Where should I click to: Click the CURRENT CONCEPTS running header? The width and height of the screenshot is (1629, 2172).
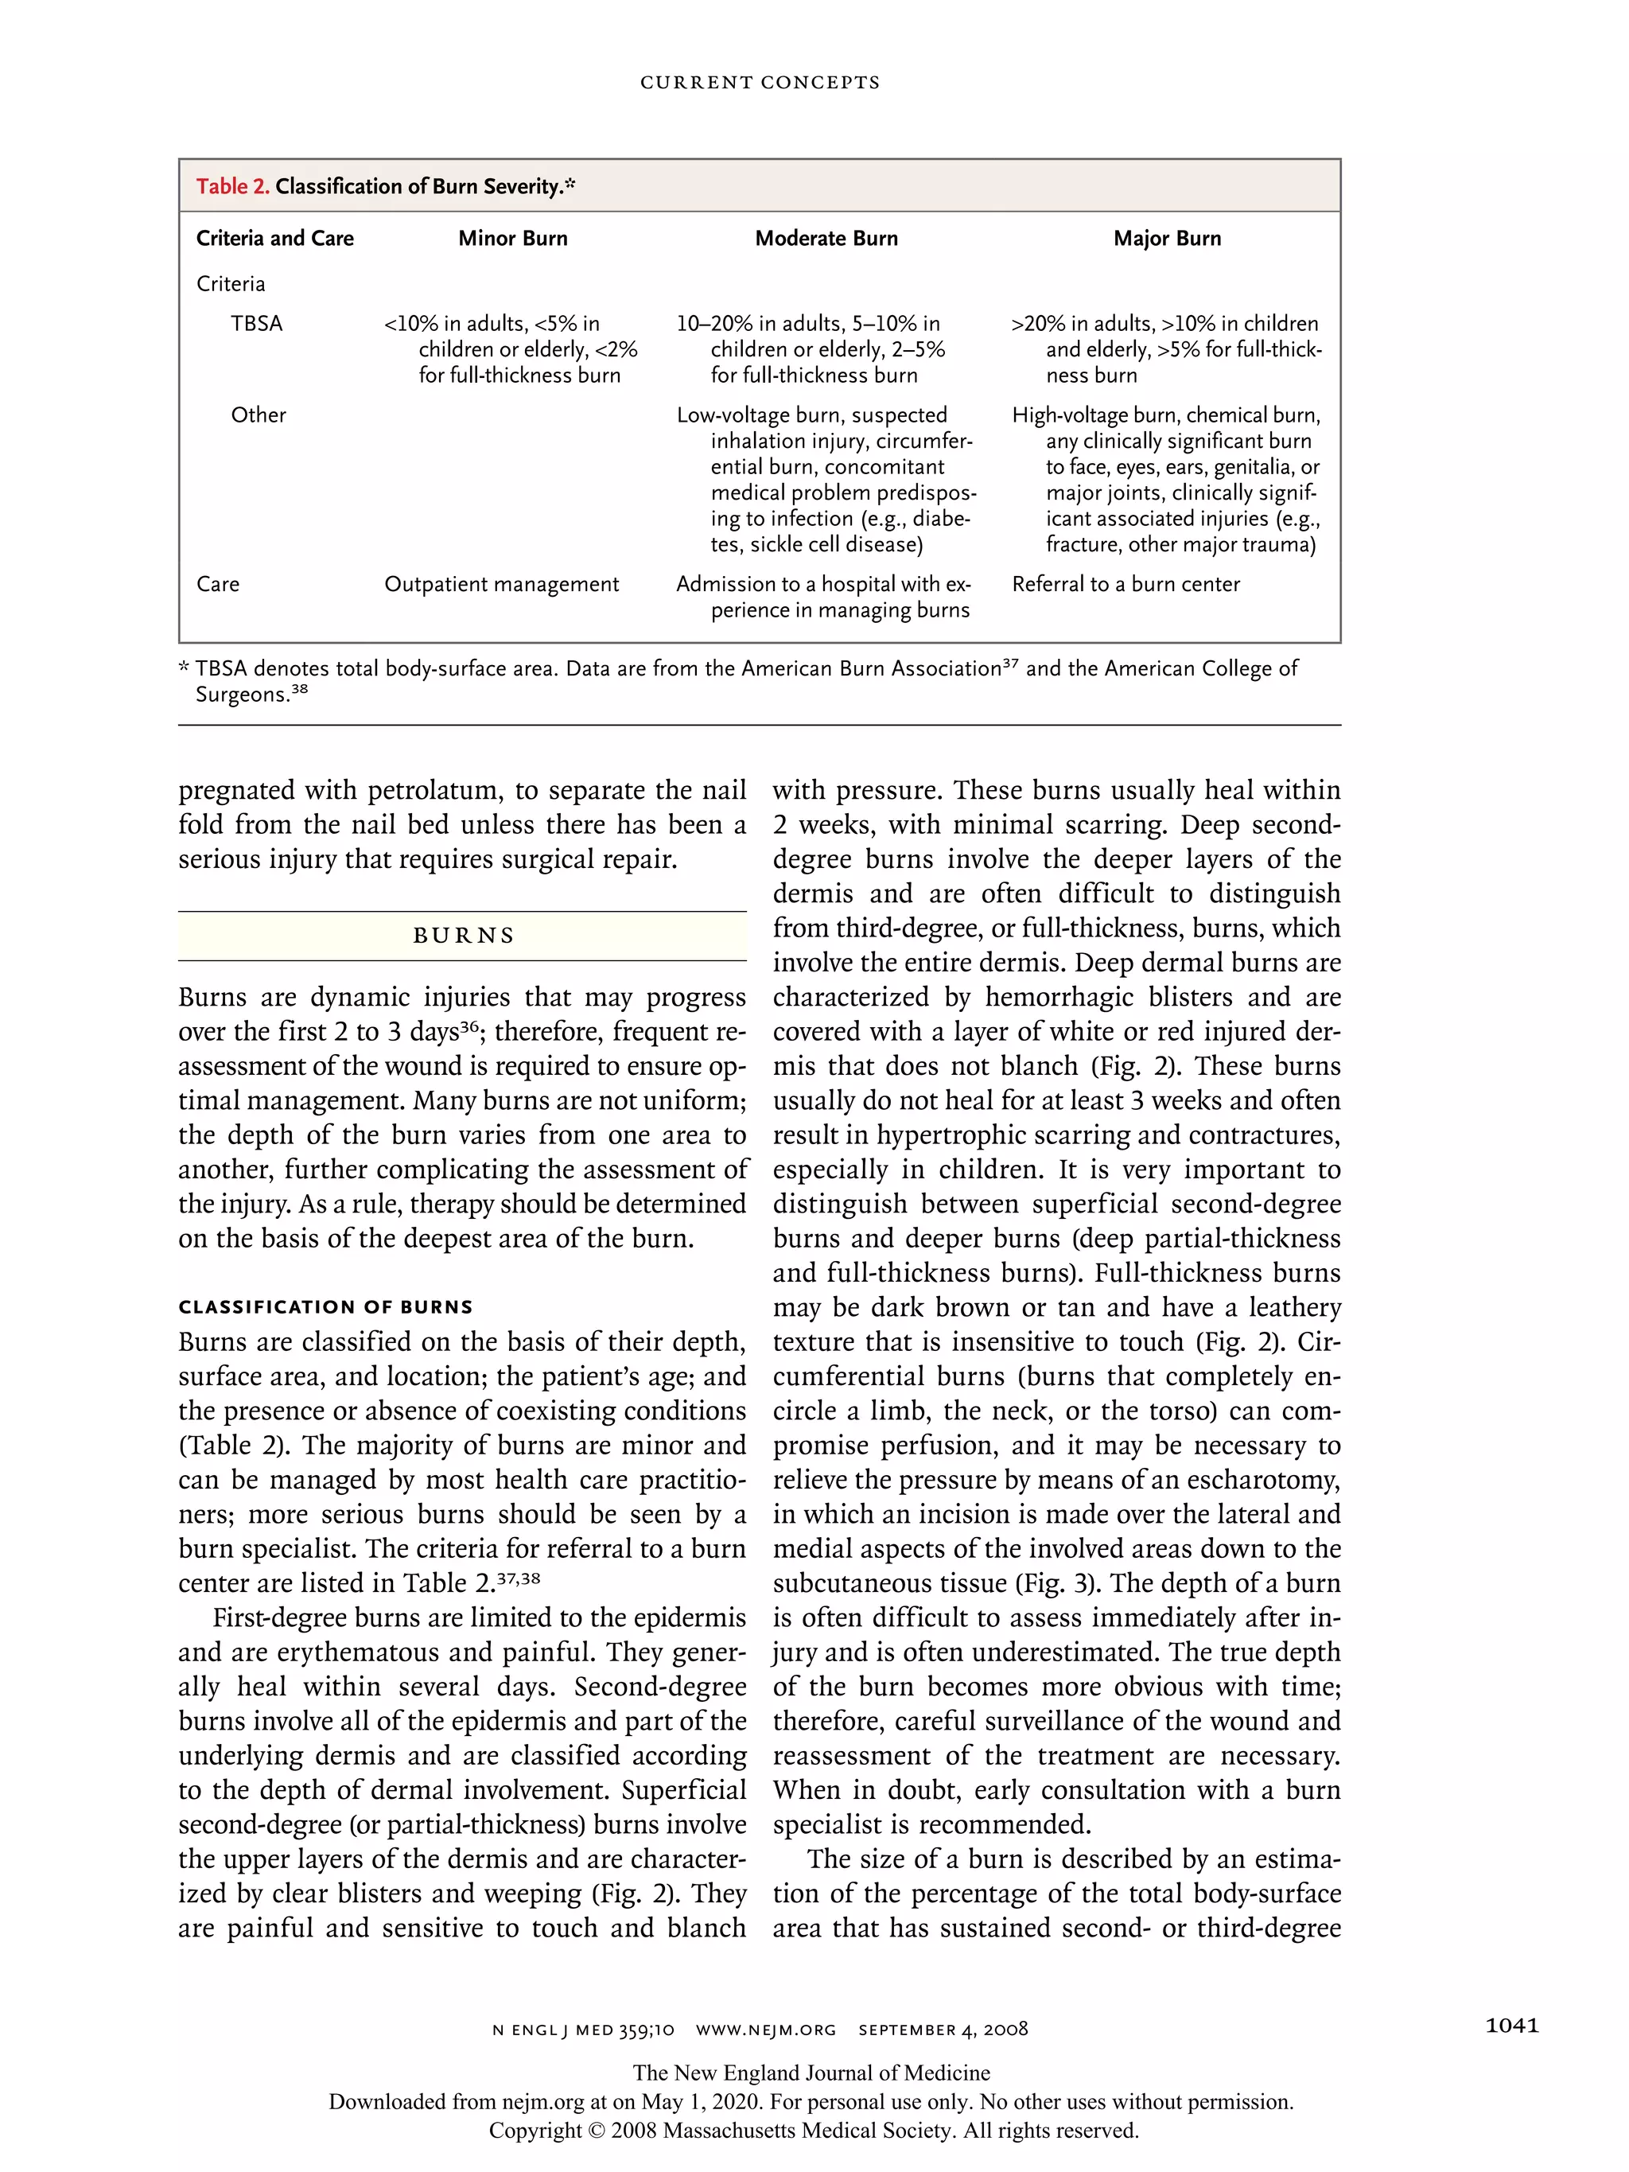760,83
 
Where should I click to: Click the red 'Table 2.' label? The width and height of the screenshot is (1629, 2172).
231,186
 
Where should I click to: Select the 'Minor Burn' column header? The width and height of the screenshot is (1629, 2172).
512,239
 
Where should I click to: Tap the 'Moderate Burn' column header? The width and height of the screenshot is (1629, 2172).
826,239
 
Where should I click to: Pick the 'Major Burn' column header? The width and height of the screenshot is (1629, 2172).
1167,239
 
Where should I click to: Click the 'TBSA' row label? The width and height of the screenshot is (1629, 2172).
256,324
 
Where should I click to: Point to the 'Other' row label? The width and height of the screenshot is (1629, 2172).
259,415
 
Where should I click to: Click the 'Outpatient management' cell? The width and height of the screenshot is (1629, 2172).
501,584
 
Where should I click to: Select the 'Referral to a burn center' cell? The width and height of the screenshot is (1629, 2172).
1126,584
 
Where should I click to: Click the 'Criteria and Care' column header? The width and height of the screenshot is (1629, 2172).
275,239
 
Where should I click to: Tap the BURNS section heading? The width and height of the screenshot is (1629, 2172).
464,936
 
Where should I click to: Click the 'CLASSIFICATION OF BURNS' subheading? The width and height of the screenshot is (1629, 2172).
325,1307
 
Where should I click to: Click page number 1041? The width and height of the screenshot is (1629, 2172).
1511,2026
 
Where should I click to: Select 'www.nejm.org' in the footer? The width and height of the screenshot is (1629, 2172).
766,2030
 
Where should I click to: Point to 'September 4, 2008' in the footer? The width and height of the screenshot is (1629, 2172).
943,2030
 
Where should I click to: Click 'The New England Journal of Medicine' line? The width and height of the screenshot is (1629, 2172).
811,2073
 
